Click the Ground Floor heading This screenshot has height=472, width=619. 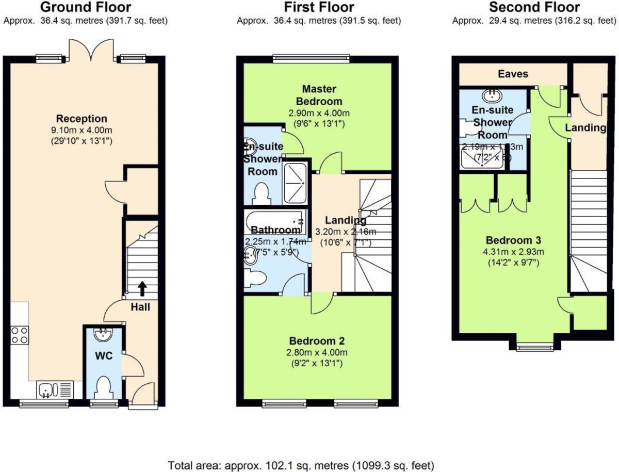tap(86, 7)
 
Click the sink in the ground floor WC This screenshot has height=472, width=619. tap(103, 336)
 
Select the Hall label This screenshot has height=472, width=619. tap(140, 307)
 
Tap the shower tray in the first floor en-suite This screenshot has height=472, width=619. tap(295, 183)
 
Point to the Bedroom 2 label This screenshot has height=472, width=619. tap(317, 341)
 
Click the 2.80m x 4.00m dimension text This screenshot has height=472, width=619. tap(317, 353)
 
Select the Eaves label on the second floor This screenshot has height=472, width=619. tap(512, 74)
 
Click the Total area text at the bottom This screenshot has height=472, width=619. tap(301, 464)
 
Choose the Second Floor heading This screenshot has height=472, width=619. tap(534, 7)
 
